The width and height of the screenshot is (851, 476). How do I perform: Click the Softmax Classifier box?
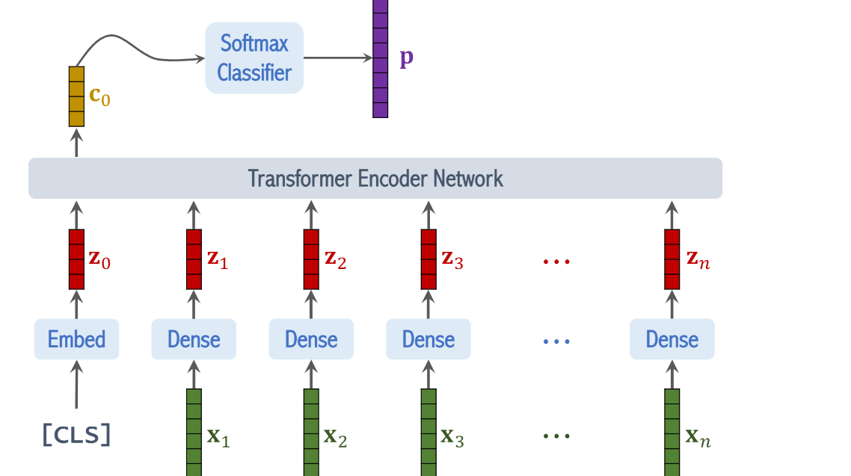point(254,58)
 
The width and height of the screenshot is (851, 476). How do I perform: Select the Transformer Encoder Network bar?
point(375,179)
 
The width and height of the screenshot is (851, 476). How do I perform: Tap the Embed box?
point(76,339)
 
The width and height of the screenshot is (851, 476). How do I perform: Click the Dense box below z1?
point(194,339)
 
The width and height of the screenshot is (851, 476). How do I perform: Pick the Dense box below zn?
point(672,339)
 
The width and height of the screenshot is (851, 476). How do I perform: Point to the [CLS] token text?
point(76,435)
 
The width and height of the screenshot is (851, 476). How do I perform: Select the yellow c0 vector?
point(76,96)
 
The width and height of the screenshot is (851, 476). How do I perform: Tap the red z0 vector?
point(76,259)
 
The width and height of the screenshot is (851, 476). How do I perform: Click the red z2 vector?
point(311,259)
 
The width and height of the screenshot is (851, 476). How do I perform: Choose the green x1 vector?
point(194,433)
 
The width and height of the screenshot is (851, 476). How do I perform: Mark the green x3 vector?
point(428,433)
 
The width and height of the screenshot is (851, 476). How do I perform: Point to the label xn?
point(698,437)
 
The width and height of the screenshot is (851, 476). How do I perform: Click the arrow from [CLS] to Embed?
point(76,389)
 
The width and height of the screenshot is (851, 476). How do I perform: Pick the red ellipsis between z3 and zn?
point(556,262)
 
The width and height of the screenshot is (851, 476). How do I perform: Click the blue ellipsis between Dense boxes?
point(556,341)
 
